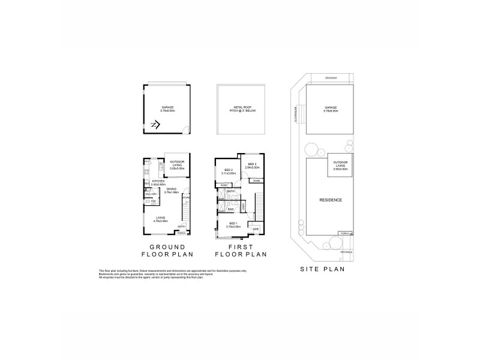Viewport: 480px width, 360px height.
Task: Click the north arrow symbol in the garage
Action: (x=154, y=125)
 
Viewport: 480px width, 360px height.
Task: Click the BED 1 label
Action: (x=232, y=225)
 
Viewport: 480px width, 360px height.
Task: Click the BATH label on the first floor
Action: (x=230, y=191)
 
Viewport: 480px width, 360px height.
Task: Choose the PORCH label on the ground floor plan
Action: (x=181, y=233)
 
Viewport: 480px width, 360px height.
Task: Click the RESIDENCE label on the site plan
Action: (x=331, y=200)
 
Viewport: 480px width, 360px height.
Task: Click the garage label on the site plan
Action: (x=331, y=109)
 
